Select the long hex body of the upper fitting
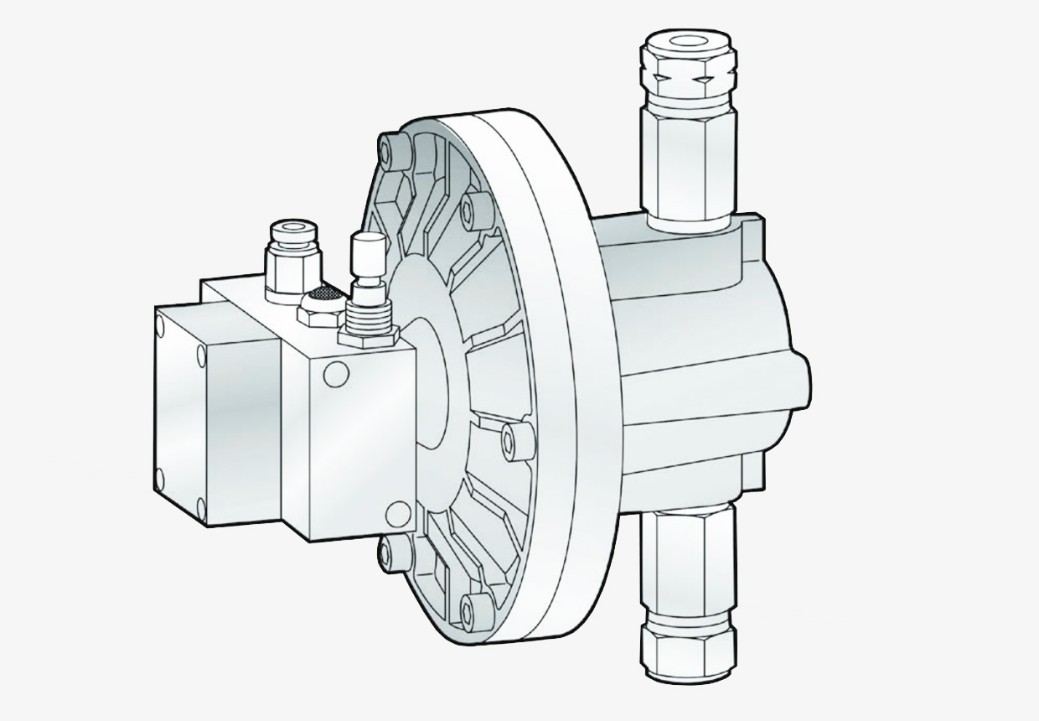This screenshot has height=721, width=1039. pos(689,159)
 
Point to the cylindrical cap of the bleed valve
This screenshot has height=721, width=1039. pos(365,252)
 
